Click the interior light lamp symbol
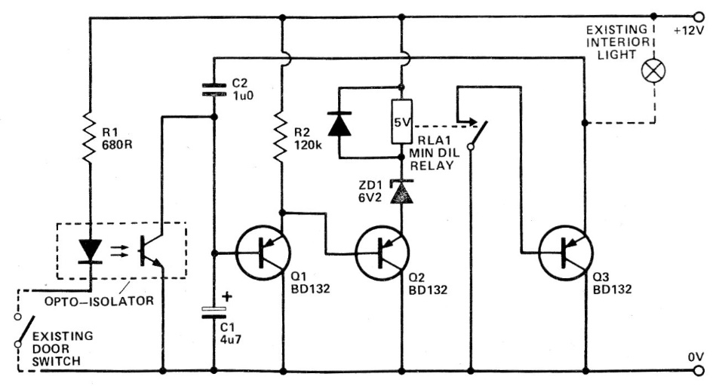(x=651, y=72)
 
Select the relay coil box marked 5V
(x=401, y=120)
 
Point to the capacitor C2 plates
(x=214, y=91)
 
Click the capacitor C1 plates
(x=214, y=311)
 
